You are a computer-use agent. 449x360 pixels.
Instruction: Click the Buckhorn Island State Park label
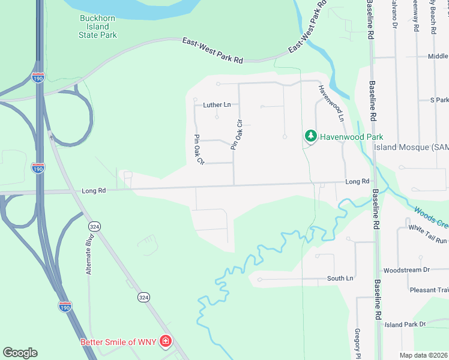click(98, 26)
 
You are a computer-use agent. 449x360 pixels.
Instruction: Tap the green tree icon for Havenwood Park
click(310, 136)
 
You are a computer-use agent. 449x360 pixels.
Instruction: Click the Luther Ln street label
click(217, 105)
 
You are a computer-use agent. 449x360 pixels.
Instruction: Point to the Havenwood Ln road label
click(331, 103)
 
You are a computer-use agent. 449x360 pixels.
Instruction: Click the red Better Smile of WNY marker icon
click(164, 342)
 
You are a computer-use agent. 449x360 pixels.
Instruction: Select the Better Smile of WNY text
click(118, 343)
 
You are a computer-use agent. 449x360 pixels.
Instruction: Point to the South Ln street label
click(340, 278)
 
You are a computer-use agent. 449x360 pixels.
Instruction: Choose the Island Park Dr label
click(405, 325)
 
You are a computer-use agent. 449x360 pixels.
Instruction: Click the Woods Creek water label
click(431, 217)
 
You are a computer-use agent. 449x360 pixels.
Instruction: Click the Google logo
click(20, 353)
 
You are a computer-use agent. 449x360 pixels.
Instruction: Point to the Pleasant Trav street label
click(430, 290)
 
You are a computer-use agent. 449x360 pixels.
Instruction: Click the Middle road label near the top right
click(438, 56)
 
